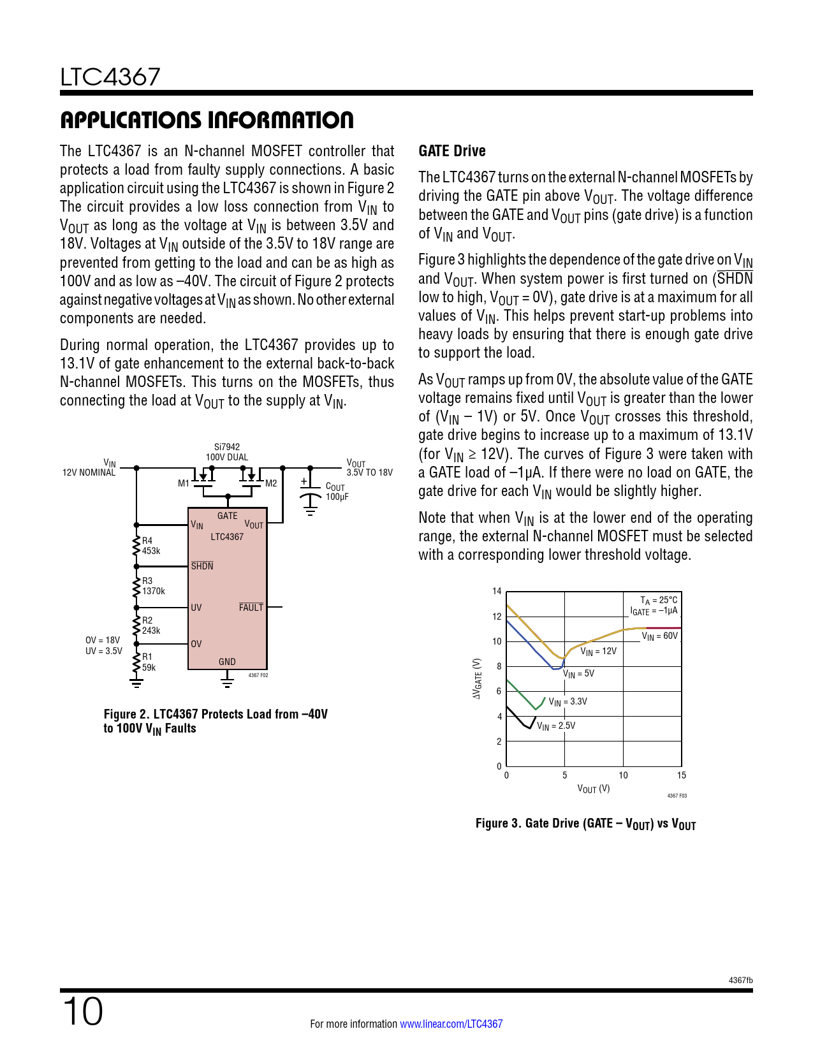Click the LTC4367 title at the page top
click(110, 77)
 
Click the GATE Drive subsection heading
click(452, 151)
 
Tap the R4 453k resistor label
click(151, 546)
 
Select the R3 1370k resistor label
click(153, 586)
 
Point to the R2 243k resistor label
click(151, 625)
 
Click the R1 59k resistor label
click(149, 662)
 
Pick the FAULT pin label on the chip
click(251, 608)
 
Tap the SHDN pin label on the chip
click(202, 566)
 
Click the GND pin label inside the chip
click(227, 662)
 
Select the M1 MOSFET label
click(184, 483)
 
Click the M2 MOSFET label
click(271, 483)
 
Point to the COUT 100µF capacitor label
click(337, 492)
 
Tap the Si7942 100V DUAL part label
click(227, 452)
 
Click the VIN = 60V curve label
click(659, 636)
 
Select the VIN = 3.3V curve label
click(568, 702)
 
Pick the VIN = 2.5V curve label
click(556, 726)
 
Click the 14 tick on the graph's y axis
click(497, 591)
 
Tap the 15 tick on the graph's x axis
click(682, 775)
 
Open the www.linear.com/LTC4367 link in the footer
click(451, 1024)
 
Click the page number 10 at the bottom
click(83, 1012)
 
